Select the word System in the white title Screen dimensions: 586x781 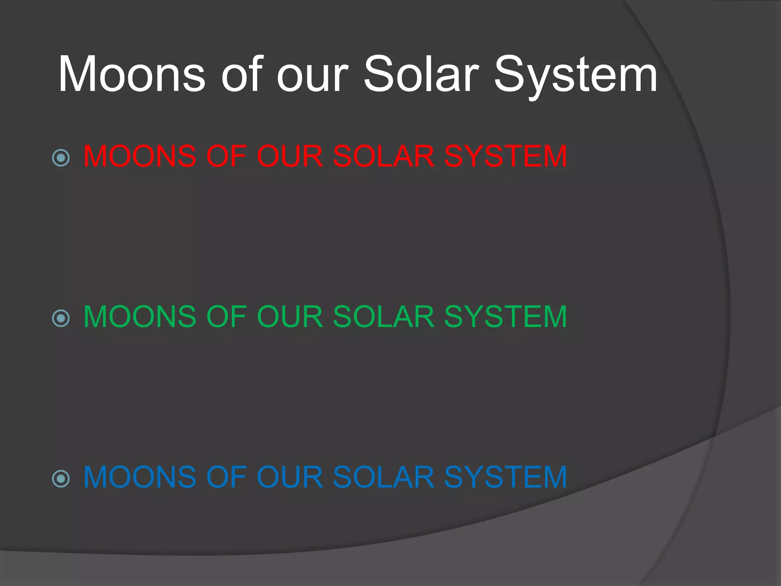(575, 76)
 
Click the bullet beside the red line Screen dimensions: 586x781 (61, 158)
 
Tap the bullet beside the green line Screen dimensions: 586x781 (61, 318)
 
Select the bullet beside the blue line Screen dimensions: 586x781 (61, 478)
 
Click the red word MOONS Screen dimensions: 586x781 (140, 156)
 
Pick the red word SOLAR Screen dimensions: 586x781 (383, 156)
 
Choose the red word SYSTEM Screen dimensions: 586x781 (505, 156)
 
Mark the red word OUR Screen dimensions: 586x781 (290, 156)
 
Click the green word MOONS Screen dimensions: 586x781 (140, 317)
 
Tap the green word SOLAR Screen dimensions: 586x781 (383, 317)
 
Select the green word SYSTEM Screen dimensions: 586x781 (505, 317)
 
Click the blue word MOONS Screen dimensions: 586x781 (140, 477)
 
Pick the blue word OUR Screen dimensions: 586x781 (290, 477)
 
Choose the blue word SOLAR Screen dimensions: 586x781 (383, 477)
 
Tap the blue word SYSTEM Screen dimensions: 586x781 (505, 477)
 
